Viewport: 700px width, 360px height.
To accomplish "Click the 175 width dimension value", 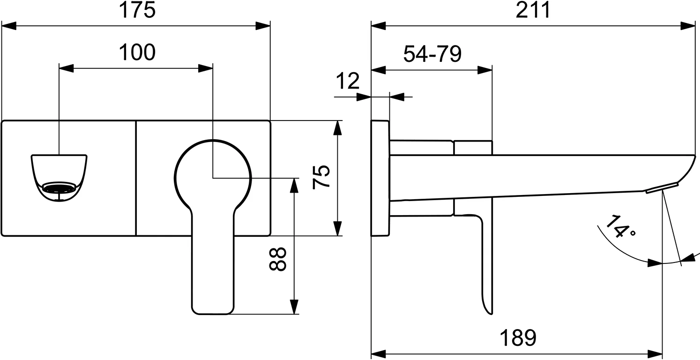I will (x=136, y=10).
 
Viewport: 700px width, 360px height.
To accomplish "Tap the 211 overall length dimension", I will (x=533, y=10).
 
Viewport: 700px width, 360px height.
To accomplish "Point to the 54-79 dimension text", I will (x=432, y=55).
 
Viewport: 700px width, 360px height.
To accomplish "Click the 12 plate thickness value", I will (x=347, y=82).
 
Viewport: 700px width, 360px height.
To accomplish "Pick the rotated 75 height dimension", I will (x=322, y=177).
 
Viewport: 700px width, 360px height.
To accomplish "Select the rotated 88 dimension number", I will (x=278, y=259).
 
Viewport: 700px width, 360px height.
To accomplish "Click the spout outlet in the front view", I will (x=59, y=179).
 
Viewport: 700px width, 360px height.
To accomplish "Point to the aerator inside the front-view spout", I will (x=59, y=188).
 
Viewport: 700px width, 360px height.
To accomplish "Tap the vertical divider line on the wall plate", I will (x=136, y=178).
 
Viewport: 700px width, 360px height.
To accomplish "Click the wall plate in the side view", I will (x=380, y=178).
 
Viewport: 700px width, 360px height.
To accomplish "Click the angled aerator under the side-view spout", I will (x=662, y=188).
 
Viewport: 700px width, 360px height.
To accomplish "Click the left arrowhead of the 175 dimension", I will (x=9, y=26).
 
